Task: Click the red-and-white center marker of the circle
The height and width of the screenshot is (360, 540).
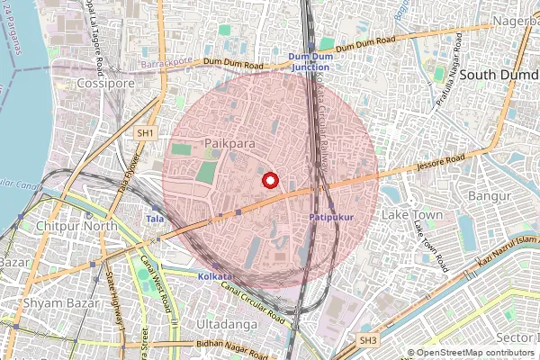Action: point(269,180)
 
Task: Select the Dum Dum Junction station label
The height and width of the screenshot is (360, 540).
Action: point(310,61)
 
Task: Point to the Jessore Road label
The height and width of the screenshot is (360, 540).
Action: point(441,163)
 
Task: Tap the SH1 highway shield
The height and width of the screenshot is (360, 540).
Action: point(145,132)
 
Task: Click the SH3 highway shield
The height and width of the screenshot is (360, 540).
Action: point(367,340)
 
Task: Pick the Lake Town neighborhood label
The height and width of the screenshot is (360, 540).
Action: point(412,215)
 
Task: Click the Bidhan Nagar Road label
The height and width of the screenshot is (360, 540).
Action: point(225,345)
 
